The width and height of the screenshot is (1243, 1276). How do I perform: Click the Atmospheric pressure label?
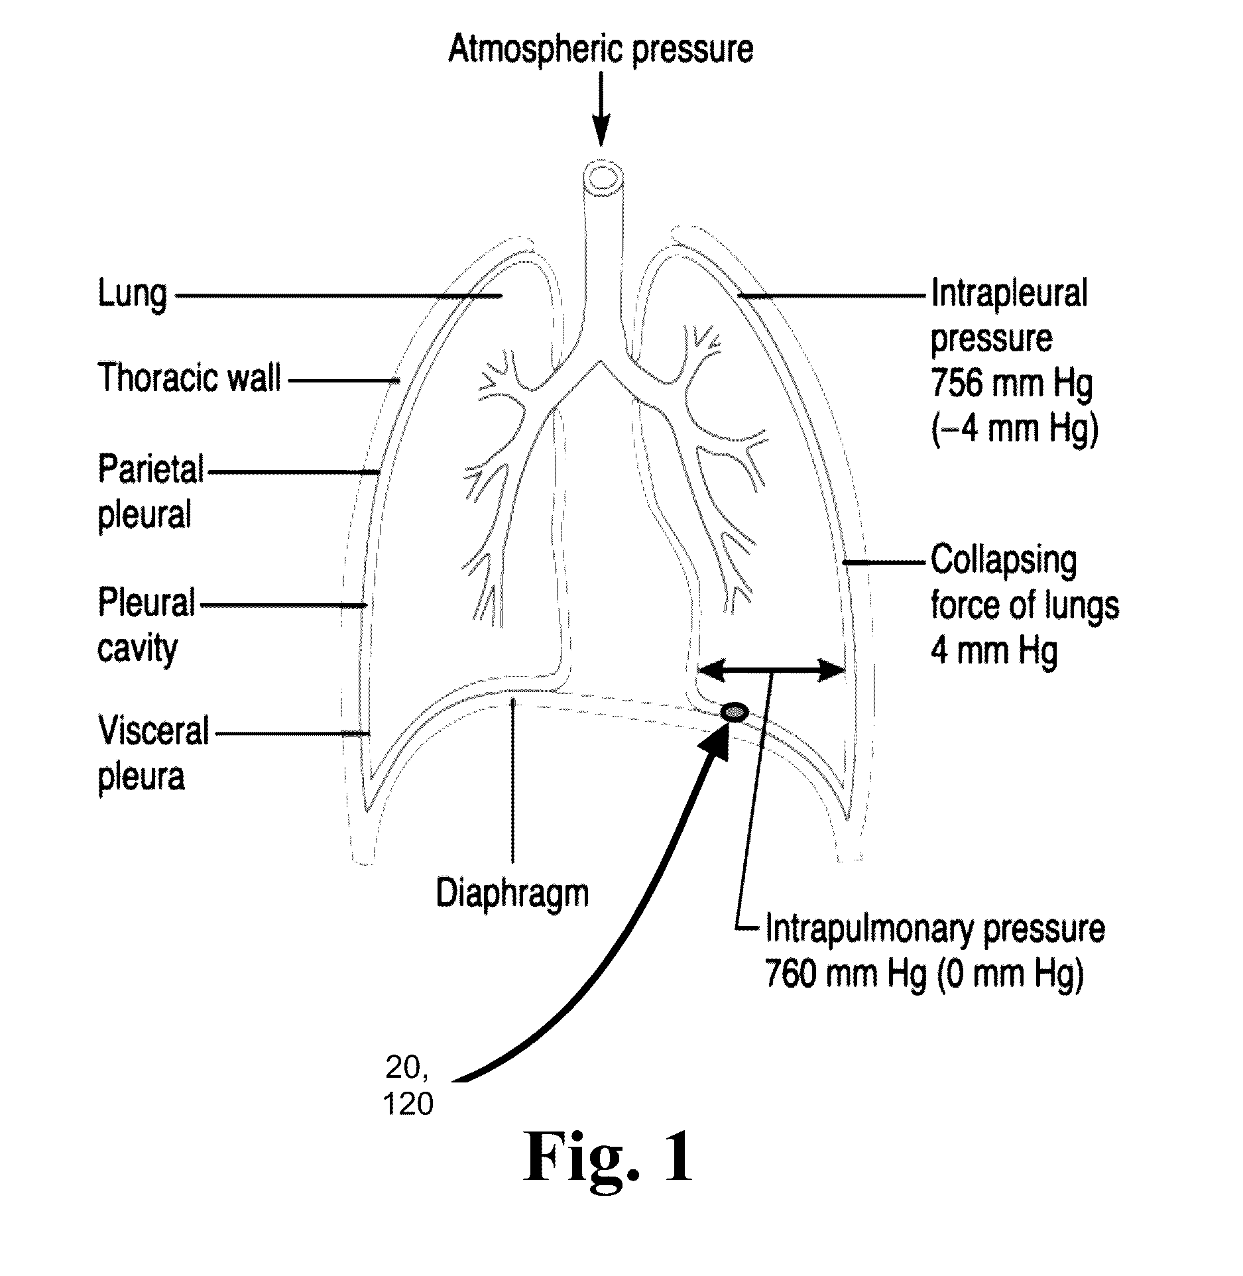coord(601,50)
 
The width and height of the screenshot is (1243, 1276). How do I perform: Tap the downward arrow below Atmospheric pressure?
coord(601,109)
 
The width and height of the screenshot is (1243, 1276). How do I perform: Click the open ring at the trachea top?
coord(604,177)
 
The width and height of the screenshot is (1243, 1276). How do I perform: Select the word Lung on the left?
coord(133,294)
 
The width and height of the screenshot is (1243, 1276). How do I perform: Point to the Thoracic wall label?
coord(190,378)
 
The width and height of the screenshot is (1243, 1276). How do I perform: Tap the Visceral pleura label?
coord(153,754)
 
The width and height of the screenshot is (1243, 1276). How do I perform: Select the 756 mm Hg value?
coord(1012,383)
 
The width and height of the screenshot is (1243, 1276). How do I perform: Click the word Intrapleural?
coord(1010,294)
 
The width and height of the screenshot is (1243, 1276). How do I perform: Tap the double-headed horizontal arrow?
coord(772,671)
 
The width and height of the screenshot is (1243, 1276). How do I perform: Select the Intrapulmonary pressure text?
coord(935,929)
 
